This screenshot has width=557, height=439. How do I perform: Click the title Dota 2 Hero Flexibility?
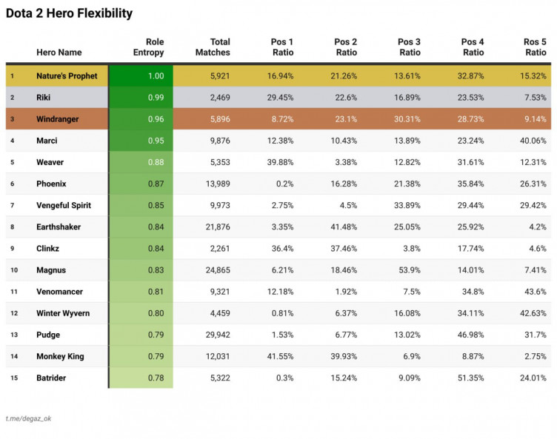click(70, 13)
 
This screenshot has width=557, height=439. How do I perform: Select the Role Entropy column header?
click(148, 47)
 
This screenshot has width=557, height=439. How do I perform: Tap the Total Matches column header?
click(213, 47)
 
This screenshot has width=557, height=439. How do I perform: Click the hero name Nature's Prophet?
click(67, 76)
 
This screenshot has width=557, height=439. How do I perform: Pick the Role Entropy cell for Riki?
click(155, 98)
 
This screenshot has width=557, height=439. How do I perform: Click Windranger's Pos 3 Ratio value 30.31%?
click(404, 119)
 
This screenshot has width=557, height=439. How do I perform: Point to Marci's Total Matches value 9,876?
click(218, 141)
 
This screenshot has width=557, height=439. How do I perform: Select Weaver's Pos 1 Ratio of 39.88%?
click(279, 162)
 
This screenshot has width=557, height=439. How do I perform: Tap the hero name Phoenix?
click(52, 184)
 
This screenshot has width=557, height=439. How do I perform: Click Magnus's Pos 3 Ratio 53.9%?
click(407, 270)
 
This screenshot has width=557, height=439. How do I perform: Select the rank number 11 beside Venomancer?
click(12, 292)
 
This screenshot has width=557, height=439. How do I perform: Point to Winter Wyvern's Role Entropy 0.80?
click(155, 313)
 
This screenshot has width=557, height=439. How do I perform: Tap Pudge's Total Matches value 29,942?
click(216, 335)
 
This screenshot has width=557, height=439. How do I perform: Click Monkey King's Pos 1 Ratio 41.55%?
click(279, 356)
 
